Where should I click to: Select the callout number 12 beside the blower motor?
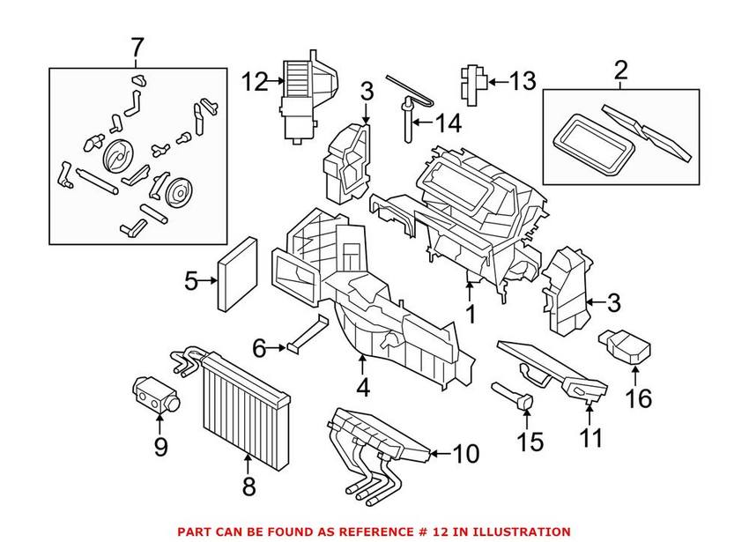tap(255, 84)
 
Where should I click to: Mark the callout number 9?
tap(160, 447)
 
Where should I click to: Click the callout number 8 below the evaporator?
tap(249, 485)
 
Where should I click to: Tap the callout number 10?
tap(465, 455)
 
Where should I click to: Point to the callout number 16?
tap(639, 398)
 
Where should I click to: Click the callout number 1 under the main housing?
tap(471, 314)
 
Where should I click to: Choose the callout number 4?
tap(363, 386)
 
